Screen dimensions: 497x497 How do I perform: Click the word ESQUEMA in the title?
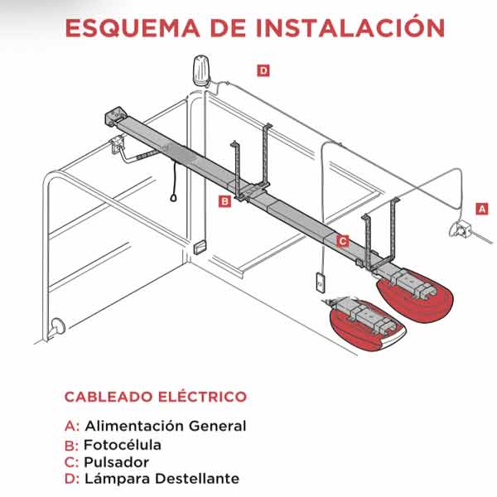pos(133,28)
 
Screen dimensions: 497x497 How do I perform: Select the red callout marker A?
pos(482,209)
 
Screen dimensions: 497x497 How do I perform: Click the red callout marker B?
pos(224,201)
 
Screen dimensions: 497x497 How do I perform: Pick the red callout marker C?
pos(343,241)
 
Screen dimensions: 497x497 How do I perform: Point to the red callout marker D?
pos(263,70)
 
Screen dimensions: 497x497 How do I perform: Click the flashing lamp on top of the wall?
pos(201,70)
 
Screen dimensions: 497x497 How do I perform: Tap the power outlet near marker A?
pos(461,229)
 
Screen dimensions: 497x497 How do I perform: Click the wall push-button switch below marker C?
pos(321,282)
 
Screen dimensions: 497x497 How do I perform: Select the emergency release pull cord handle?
pos(173,198)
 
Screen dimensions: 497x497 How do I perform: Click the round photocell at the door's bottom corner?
pos(57,327)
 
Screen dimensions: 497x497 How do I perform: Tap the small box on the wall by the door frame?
pos(200,248)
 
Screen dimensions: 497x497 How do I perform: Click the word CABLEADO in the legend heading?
pos(109,397)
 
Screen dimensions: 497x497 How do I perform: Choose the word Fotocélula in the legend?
pos(123,445)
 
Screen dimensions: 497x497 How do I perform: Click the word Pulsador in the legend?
pos(116,462)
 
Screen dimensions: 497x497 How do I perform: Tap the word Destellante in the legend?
pos(197,479)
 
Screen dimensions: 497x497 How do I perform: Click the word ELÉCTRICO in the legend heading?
pos(202,396)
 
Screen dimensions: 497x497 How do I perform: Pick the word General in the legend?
pos(217,426)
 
